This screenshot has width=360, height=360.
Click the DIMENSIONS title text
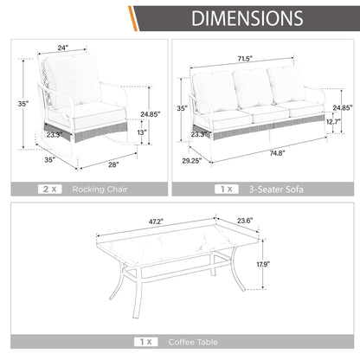click(x=247, y=18)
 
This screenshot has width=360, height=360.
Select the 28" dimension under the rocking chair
click(x=113, y=164)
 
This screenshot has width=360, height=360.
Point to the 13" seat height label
click(x=142, y=132)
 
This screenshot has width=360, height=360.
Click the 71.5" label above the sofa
click(x=245, y=59)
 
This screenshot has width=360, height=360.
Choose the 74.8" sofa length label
click(x=277, y=153)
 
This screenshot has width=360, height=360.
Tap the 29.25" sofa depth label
click(x=192, y=161)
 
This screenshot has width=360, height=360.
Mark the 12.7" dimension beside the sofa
click(x=334, y=122)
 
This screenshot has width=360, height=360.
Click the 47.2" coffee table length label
click(x=156, y=222)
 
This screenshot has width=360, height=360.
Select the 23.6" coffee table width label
click(x=245, y=221)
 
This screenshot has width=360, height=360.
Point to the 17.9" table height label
click(x=263, y=264)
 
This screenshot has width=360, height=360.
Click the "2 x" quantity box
click(x=49, y=190)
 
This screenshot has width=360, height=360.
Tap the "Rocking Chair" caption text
click(x=100, y=190)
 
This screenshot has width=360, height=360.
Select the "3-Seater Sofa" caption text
click(x=276, y=190)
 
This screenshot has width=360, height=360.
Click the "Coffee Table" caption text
click(x=193, y=342)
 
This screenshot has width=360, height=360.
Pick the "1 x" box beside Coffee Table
click(x=145, y=342)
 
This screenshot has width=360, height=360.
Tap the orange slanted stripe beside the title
click(x=133, y=18)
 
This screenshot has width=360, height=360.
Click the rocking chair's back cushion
click(x=74, y=80)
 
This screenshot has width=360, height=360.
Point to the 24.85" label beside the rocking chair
click(x=151, y=114)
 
